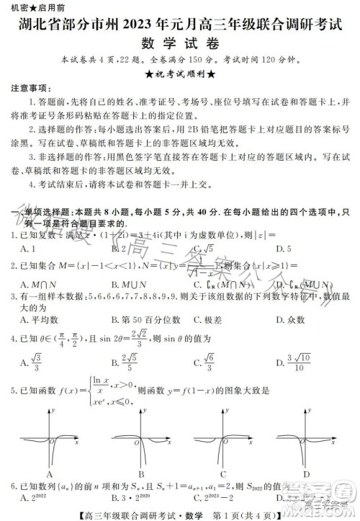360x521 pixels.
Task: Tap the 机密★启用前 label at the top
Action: coord(29,6)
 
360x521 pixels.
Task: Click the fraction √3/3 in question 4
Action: coord(37,358)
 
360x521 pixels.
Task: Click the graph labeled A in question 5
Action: coord(50,439)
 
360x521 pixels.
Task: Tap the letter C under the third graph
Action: coord(223,474)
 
